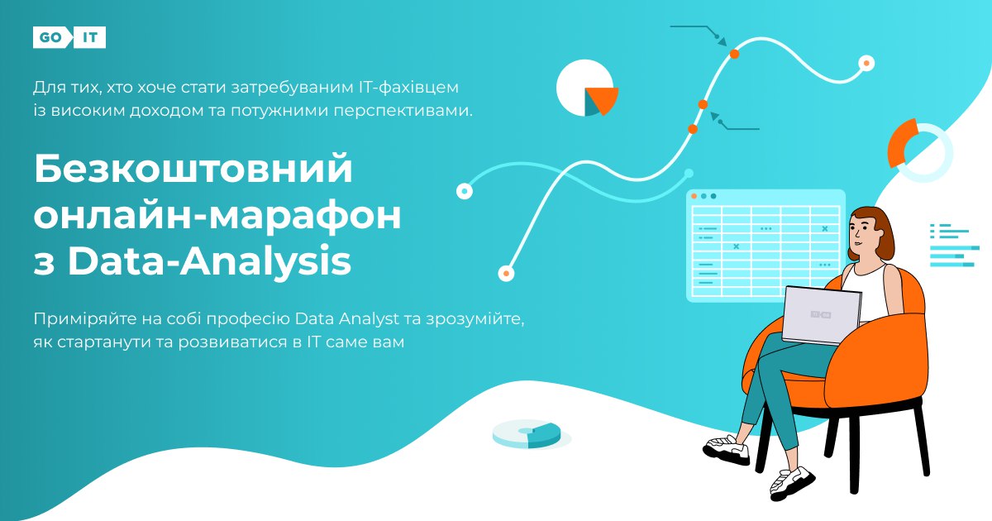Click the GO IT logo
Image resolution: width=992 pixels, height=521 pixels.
point(69,37)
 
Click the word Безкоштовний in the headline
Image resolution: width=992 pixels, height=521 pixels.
point(193,169)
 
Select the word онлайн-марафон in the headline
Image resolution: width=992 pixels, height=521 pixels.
point(217,215)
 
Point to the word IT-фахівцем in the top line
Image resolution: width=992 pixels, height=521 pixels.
point(408,88)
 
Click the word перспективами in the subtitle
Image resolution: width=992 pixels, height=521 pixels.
point(403,111)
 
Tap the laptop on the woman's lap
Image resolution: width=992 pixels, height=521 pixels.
point(822,315)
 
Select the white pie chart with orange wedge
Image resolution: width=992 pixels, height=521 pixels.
point(587,88)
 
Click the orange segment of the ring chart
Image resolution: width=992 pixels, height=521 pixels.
point(900,141)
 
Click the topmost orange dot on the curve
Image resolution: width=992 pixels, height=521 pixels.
point(734,54)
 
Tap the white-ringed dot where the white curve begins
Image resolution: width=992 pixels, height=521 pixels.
point(506,273)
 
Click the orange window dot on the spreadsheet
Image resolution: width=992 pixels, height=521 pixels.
point(694,196)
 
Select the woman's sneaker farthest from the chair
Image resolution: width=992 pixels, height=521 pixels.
point(726,450)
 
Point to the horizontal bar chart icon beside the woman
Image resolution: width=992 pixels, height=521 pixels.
point(954,246)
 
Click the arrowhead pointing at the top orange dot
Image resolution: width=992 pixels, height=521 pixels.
point(722,41)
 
